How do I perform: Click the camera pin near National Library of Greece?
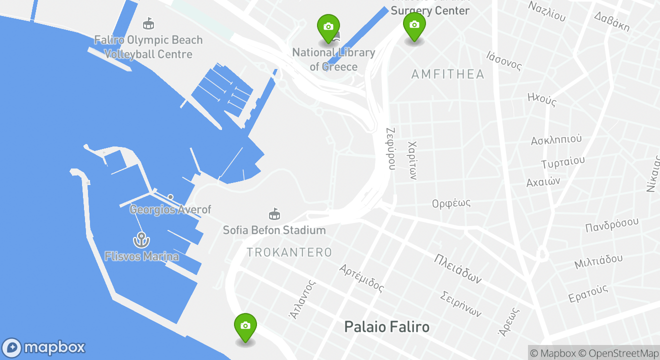click(328, 26)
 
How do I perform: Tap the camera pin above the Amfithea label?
click(414, 24)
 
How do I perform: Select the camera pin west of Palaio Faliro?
click(245, 325)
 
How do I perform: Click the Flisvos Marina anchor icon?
click(141, 240)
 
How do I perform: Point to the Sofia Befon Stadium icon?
click(274, 214)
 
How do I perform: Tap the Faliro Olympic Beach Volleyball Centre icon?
click(148, 23)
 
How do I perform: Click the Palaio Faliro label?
click(386, 327)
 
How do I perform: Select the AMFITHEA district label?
click(447, 74)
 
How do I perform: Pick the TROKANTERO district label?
click(289, 252)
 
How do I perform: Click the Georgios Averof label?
click(170, 209)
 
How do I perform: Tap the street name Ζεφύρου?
click(391, 148)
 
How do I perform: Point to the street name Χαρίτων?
click(412, 160)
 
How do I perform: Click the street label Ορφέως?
click(451, 203)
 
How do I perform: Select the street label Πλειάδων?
click(457, 268)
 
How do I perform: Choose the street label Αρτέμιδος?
click(361, 278)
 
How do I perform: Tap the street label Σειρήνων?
click(461, 303)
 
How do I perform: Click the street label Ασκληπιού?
click(556, 139)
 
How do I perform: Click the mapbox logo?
click(44, 347)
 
